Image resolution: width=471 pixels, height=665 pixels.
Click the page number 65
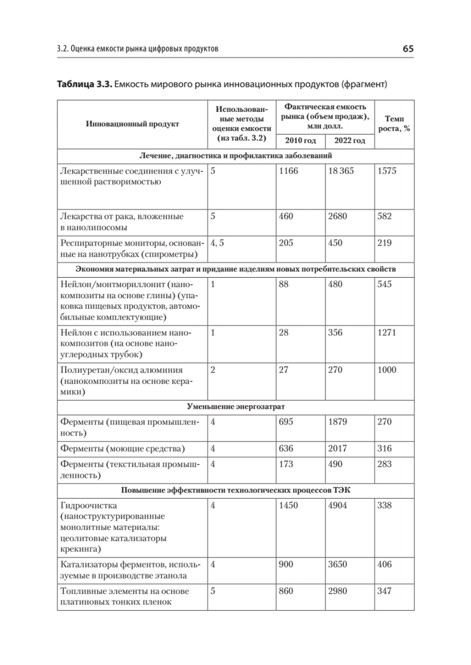[x=408, y=49]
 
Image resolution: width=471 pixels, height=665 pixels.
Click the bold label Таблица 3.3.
[x=83, y=84]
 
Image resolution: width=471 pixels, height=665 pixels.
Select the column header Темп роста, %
[x=394, y=124]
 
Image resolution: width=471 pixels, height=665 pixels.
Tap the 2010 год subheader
[x=301, y=141]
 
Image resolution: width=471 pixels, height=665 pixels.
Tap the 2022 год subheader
[x=350, y=141]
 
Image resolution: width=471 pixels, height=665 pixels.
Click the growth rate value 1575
[x=387, y=171]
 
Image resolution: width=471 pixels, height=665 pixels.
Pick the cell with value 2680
[x=337, y=216]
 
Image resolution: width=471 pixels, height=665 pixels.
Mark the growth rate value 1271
[x=387, y=332]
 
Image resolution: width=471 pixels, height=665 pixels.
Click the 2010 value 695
[x=286, y=422]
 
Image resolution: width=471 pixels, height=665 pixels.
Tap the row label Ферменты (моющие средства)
[x=122, y=448]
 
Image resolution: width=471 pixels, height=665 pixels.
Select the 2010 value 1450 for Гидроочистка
[x=288, y=505]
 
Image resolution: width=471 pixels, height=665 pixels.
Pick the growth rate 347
[x=384, y=591]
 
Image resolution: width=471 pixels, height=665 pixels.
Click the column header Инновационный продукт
[x=133, y=124]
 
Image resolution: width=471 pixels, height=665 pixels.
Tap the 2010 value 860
[x=286, y=591]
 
